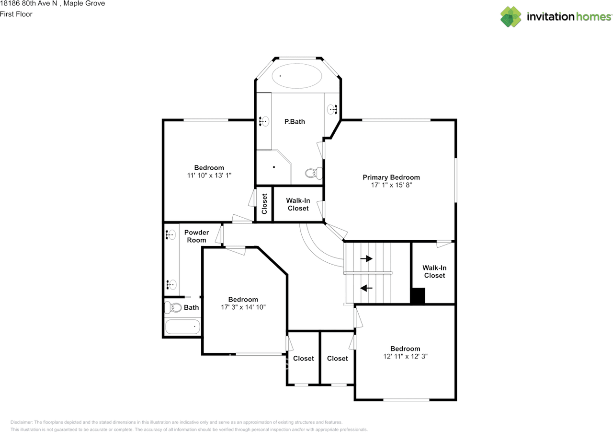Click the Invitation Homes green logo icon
511,17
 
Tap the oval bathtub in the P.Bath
297,76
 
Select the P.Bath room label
295,122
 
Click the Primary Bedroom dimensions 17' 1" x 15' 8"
391,185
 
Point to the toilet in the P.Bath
314,173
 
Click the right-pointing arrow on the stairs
366,258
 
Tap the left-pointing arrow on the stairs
366,288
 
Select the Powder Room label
196,236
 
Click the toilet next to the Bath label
173,308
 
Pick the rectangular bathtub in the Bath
182,327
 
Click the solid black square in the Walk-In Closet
418,295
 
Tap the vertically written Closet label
264,204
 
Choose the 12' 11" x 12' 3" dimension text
405,356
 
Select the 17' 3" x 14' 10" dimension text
243,307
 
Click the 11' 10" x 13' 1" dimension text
209,175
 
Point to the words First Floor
16,14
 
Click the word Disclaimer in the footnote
22,422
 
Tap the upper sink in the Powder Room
170,235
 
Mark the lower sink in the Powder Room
171,285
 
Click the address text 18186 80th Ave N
28,3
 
